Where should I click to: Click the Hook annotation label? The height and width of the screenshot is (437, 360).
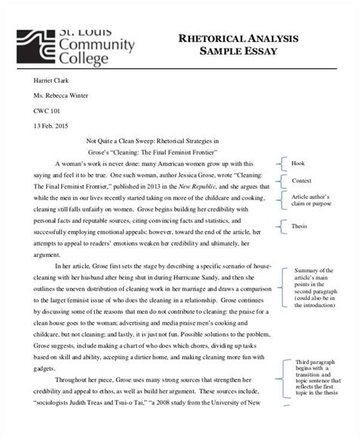coord(296,163)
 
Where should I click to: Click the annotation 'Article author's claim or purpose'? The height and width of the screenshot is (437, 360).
coord(311,200)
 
